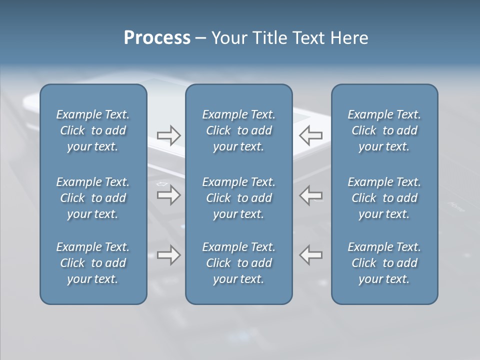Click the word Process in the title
[x=157, y=38]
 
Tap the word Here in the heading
[x=349, y=38]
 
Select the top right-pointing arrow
[x=168, y=135]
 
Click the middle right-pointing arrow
[x=168, y=195]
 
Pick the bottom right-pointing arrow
[x=168, y=255]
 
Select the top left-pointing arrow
[x=311, y=135]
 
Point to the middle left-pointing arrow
[x=311, y=195]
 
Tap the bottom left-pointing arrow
[x=311, y=255]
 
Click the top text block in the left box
[x=93, y=130]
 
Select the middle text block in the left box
[x=93, y=198]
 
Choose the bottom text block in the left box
[x=93, y=263]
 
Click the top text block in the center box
[x=238, y=130]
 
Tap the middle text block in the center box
[x=238, y=198]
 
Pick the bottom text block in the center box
[x=238, y=263]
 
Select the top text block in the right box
[x=384, y=130]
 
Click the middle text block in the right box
[x=384, y=198]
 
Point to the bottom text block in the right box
[x=384, y=263]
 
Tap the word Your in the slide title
[x=227, y=38]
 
